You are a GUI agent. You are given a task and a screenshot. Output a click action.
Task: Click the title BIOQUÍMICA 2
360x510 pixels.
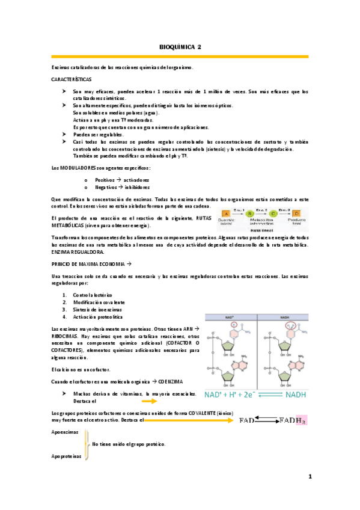point(180,46)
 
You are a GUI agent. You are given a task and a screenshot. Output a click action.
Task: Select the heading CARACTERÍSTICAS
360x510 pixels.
point(72,79)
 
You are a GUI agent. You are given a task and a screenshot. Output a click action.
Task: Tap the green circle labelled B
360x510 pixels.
point(249,213)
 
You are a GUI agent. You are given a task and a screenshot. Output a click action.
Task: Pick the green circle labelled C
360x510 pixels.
point(273,213)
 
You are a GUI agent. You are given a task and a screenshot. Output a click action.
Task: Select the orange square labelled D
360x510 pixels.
point(296,213)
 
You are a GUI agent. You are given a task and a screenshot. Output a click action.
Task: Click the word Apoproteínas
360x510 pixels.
point(67,456)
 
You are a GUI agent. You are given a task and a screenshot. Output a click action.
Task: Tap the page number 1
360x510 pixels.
point(310,477)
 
